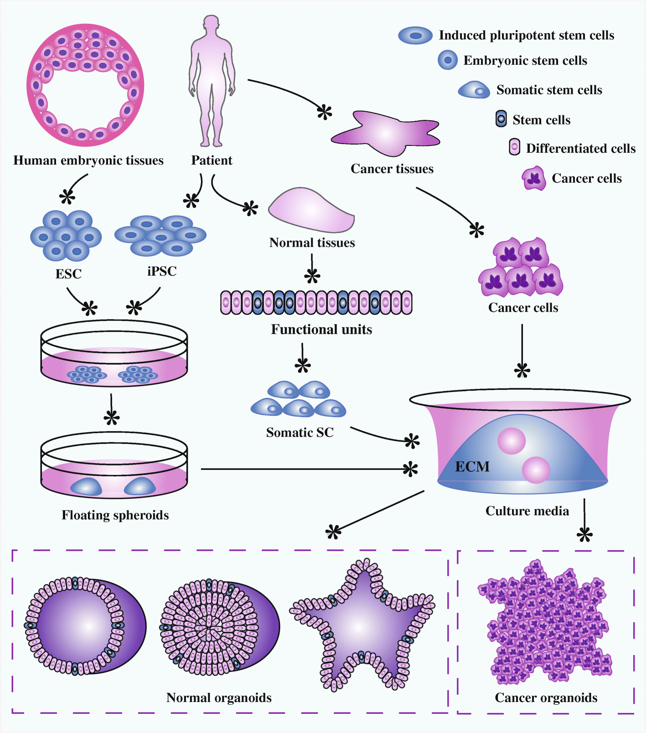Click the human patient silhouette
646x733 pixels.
(x=212, y=82)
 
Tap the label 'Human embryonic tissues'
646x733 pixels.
(x=88, y=160)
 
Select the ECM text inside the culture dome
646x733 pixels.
(x=472, y=467)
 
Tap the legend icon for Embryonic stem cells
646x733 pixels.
(x=447, y=60)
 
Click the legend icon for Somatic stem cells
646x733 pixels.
(x=474, y=90)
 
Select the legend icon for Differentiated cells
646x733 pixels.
(x=514, y=148)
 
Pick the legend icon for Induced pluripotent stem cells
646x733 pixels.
(x=415, y=36)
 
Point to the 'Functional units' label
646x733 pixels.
(x=321, y=330)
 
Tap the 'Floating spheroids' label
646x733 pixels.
(x=115, y=515)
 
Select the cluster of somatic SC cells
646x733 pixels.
(x=298, y=400)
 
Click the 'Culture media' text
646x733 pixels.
(x=527, y=511)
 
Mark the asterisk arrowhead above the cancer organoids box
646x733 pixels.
(x=584, y=534)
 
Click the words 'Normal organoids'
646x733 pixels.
(x=219, y=698)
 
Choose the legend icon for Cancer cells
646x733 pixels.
(x=534, y=178)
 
